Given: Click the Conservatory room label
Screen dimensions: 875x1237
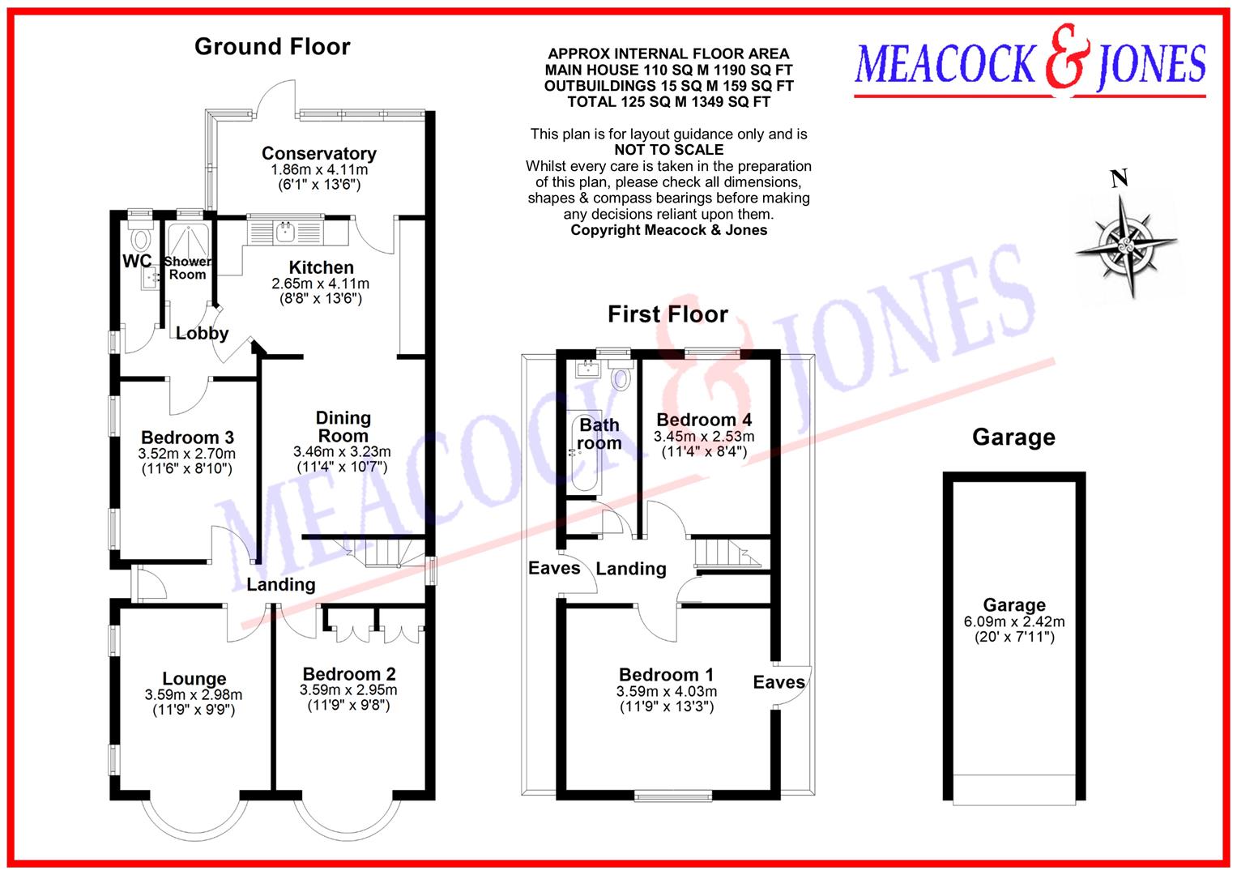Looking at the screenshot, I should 318,153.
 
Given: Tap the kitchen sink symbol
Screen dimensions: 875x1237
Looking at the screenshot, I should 285,232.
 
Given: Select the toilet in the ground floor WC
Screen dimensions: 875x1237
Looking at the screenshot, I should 143,239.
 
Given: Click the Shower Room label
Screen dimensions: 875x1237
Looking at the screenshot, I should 187,267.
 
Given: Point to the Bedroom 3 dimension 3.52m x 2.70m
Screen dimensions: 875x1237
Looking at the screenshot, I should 187,454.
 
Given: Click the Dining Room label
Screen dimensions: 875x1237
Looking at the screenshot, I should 343,426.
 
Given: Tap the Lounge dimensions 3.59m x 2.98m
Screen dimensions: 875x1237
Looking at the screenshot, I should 194,694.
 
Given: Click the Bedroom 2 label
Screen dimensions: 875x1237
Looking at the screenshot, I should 349,673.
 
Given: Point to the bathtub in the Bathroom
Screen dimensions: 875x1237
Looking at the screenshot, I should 584,455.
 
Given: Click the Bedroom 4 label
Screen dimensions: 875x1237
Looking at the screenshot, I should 703,419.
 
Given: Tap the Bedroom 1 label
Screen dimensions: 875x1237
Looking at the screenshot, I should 666,674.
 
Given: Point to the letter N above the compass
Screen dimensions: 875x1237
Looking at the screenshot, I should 1119,178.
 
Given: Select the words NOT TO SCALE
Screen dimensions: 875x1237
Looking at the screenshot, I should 668,150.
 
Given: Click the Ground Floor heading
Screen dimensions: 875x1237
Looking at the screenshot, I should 272,47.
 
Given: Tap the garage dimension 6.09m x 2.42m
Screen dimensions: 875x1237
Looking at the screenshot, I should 1013,621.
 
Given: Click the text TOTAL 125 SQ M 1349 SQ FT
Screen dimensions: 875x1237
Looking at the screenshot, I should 668,102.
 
